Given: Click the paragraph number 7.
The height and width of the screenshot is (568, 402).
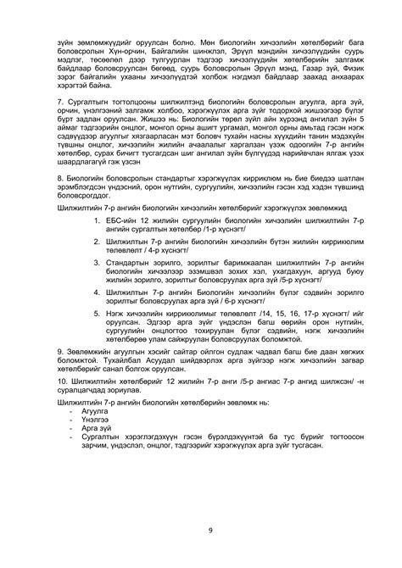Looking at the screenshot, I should tap(59, 101).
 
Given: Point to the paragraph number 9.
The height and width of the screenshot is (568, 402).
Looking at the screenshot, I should tap(59, 374).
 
